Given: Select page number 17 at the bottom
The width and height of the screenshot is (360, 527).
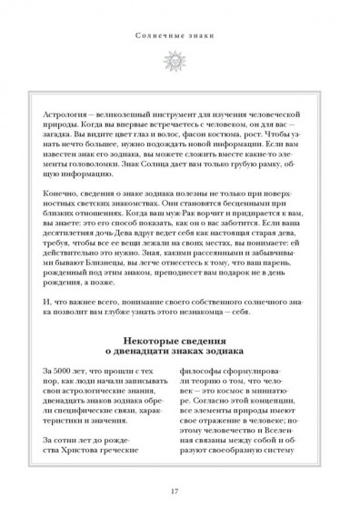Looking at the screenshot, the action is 180,492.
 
